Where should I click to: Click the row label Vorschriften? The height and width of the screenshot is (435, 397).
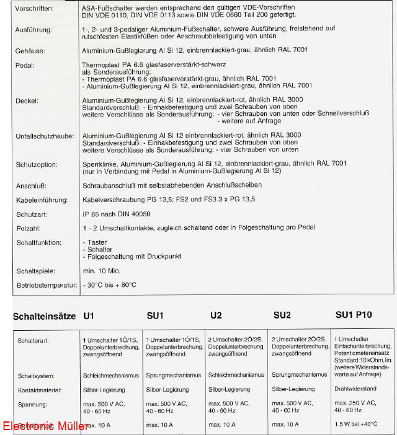tap(35, 9)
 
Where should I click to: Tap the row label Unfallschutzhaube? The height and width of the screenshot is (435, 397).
tap(45, 135)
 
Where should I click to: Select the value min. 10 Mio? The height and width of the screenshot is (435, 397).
tap(102, 271)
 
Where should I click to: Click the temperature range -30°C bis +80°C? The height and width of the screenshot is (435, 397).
tap(110, 285)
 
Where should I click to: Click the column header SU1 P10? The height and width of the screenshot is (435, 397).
tap(354, 315)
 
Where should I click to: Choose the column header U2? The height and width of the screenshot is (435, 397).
tap(216, 315)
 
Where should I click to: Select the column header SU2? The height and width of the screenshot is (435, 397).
tap(282, 315)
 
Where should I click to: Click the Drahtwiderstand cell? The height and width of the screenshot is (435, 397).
tap(355, 389)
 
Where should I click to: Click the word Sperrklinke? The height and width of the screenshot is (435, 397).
tap(100, 164)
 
